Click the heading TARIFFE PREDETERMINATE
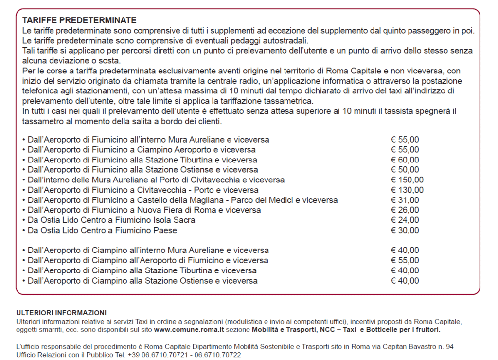[79, 20]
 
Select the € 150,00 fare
[407, 180]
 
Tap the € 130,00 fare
[407, 190]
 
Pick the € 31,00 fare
[405, 200]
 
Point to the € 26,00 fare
[405, 210]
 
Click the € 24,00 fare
[405, 220]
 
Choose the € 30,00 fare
[405, 231]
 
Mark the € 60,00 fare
[405, 160]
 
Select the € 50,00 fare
[405, 170]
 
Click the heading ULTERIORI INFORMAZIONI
[61, 313]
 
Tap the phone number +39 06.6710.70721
[158, 355]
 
